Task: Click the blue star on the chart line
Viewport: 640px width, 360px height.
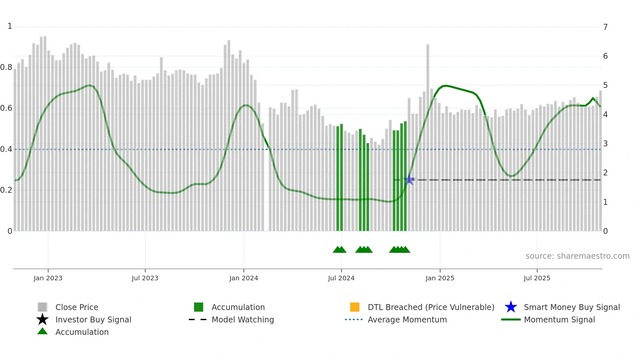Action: (x=409, y=179)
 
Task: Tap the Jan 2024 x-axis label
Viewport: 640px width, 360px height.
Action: (x=244, y=278)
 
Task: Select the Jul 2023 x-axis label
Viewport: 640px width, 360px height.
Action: (x=145, y=278)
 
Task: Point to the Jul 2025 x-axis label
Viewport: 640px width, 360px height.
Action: (x=537, y=278)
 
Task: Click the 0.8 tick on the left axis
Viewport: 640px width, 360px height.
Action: (x=6, y=67)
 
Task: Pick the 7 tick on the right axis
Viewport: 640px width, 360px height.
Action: (x=605, y=27)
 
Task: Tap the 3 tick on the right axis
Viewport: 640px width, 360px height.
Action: (x=605, y=143)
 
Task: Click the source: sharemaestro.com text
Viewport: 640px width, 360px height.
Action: (x=577, y=256)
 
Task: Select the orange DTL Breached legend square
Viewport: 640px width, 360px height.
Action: (x=355, y=307)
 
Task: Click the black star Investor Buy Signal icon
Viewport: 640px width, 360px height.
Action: (x=42, y=319)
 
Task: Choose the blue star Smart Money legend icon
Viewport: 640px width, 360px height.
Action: (x=511, y=307)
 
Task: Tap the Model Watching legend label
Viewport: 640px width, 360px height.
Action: (x=243, y=319)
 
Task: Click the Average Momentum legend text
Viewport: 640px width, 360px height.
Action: (x=407, y=319)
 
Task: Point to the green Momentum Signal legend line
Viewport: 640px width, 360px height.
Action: (x=511, y=319)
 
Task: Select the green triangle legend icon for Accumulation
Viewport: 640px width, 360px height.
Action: (x=42, y=331)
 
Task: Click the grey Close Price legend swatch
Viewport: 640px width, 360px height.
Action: (x=42, y=307)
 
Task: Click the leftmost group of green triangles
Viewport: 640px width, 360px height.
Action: (x=340, y=250)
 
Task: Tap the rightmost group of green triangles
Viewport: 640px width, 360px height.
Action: (x=400, y=250)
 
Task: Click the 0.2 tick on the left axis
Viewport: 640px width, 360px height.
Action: (x=6, y=190)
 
